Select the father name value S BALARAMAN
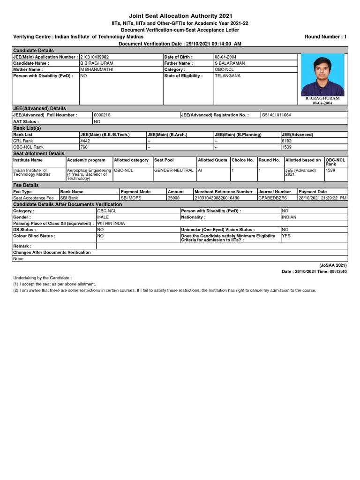230,63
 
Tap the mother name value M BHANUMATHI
97,69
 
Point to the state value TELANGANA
227,75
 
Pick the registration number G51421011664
276,115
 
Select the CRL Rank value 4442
85,140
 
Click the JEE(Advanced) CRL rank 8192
287,140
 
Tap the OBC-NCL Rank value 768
84,147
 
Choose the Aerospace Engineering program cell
89,174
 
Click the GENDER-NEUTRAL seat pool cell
173,170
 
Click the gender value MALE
103,217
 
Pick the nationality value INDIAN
290,217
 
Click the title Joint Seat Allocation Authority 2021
180,16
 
